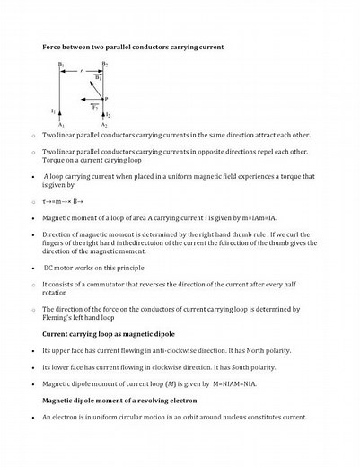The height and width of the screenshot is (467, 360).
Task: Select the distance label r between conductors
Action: [x=83, y=66]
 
